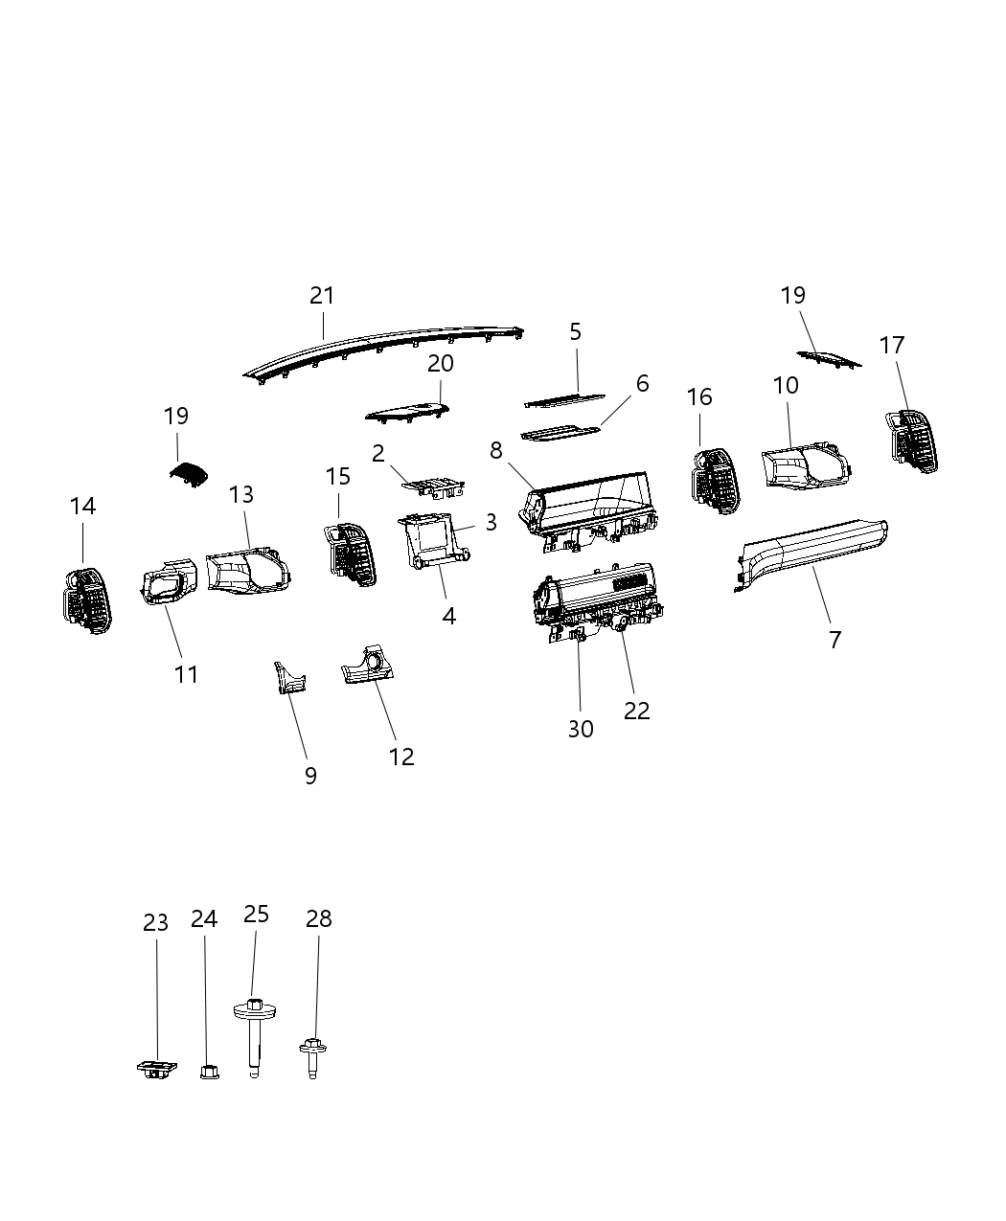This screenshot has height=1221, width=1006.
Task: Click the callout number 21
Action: click(x=322, y=296)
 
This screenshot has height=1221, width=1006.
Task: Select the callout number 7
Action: click(x=835, y=640)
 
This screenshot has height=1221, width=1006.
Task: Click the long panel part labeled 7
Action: click(x=814, y=550)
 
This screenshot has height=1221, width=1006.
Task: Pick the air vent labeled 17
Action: click(x=911, y=440)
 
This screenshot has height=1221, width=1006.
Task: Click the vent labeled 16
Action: click(x=714, y=479)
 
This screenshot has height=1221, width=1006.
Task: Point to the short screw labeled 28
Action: click(x=311, y=1057)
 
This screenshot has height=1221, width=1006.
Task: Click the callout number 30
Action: click(x=581, y=729)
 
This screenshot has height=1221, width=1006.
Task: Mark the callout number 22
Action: click(x=636, y=711)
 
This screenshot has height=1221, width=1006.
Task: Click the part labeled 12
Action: click(x=369, y=666)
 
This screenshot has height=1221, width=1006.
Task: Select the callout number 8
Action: click(x=495, y=450)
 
